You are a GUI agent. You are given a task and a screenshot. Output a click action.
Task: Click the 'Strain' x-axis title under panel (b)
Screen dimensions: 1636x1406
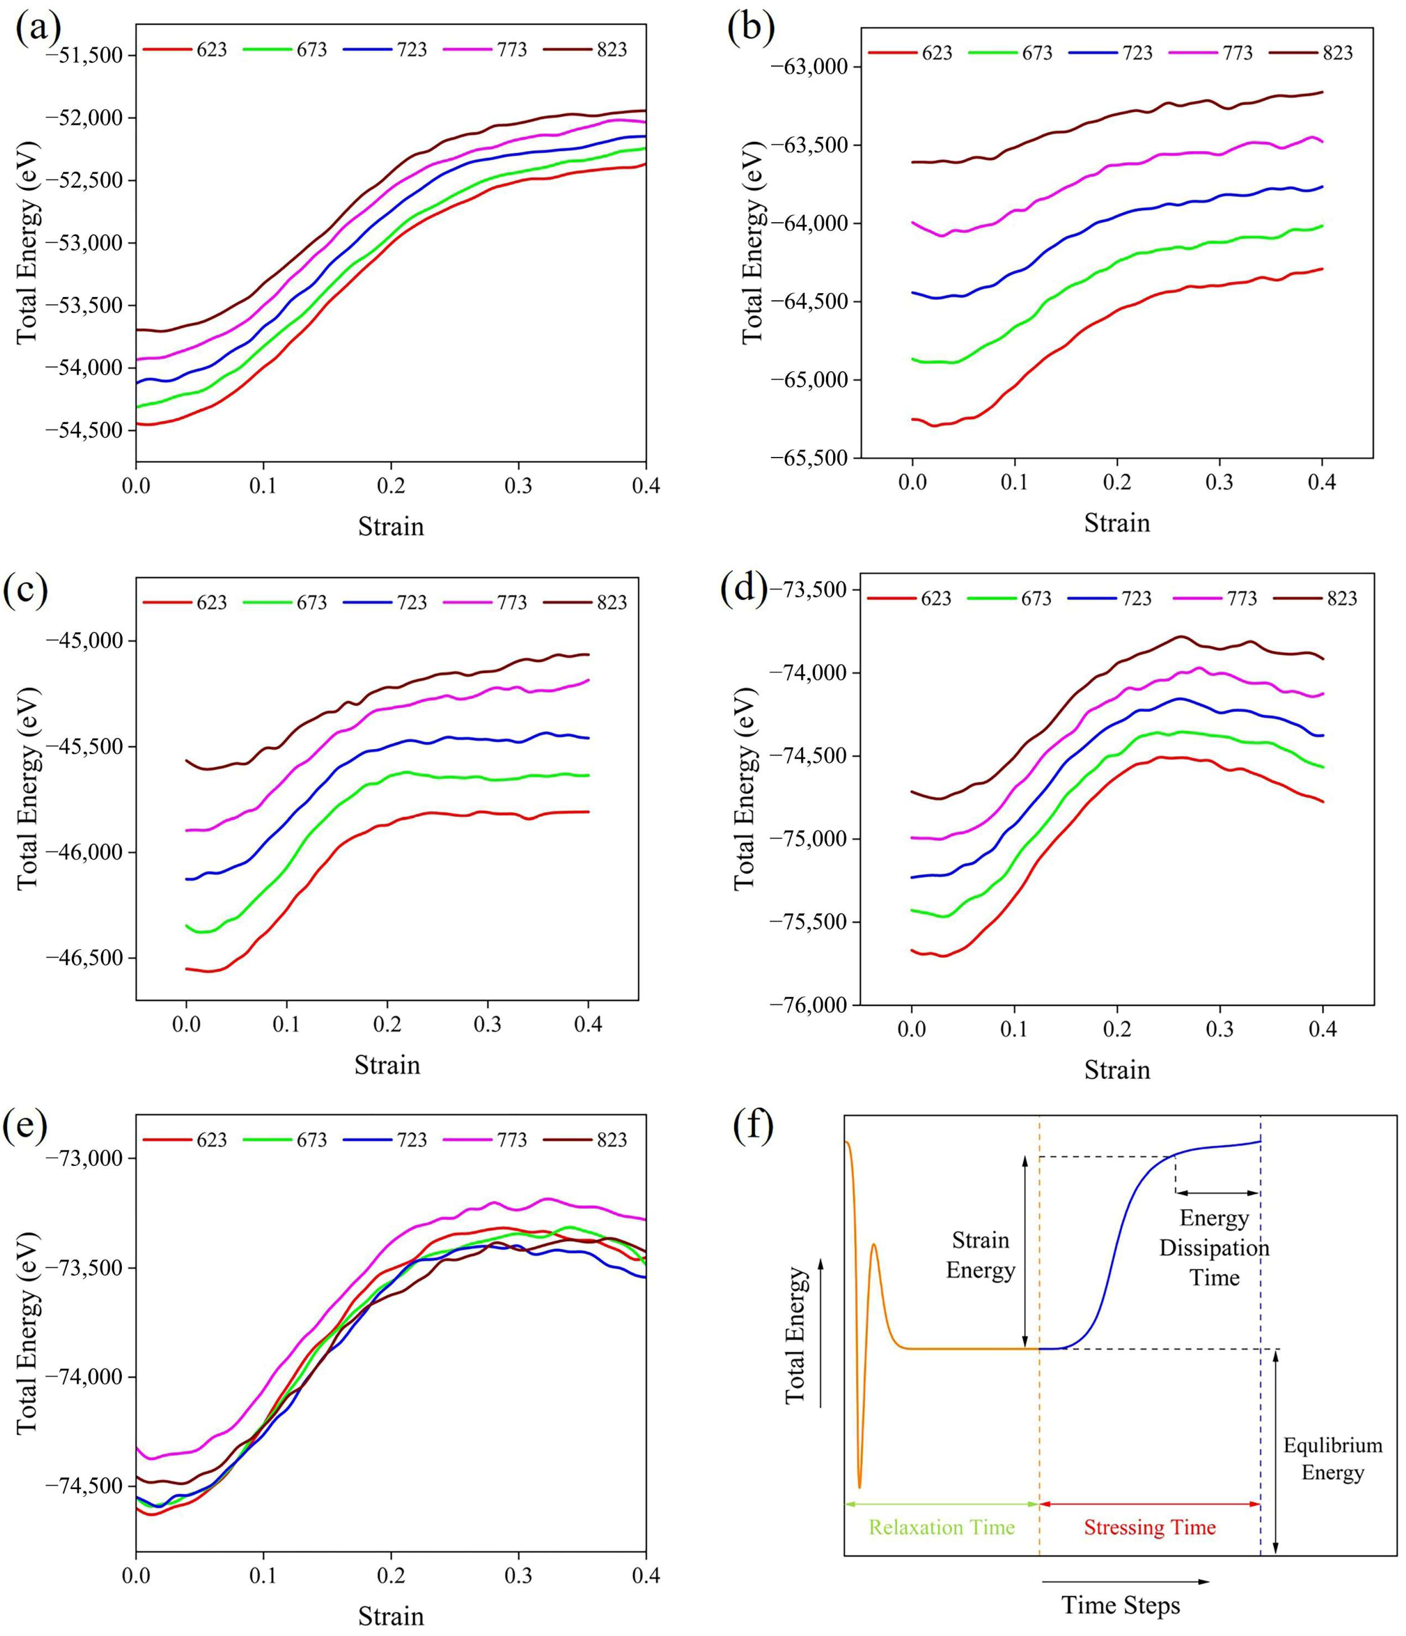pos(1116,523)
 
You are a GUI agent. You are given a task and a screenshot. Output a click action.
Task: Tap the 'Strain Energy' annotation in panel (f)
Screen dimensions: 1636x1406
pos(980,1255)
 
